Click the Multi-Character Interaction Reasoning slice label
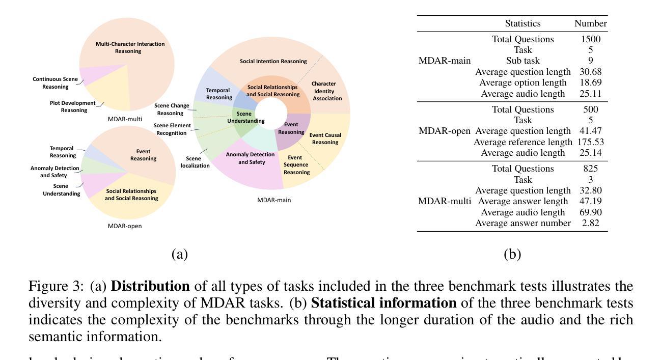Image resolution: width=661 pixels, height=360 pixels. [130, 47]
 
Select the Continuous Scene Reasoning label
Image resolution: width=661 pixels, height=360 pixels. [56, 83]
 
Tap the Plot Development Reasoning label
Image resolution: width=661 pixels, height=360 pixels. [73, 106]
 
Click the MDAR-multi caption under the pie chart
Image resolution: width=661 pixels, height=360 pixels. [125, 119]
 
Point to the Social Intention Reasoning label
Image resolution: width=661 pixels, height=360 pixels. [273, 62]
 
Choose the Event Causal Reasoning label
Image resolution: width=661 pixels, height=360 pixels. [325, 139]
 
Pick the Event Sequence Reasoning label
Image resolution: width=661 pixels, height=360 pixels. [297, 165]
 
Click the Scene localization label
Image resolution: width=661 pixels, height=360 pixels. [195, 162]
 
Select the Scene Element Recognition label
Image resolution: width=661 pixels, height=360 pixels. [173, 129]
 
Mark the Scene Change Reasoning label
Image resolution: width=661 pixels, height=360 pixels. [172, 109]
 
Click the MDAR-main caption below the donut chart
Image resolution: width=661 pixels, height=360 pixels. [274, 200]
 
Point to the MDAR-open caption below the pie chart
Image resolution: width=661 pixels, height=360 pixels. [125, 226]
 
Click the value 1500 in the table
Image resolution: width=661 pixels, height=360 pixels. [591, 39]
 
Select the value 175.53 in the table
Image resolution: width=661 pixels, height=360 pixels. [591, 142]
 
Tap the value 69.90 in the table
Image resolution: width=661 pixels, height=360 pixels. [591, 212]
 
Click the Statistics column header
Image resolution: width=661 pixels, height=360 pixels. [522, 23]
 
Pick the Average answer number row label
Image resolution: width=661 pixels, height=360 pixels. [522, 223]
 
